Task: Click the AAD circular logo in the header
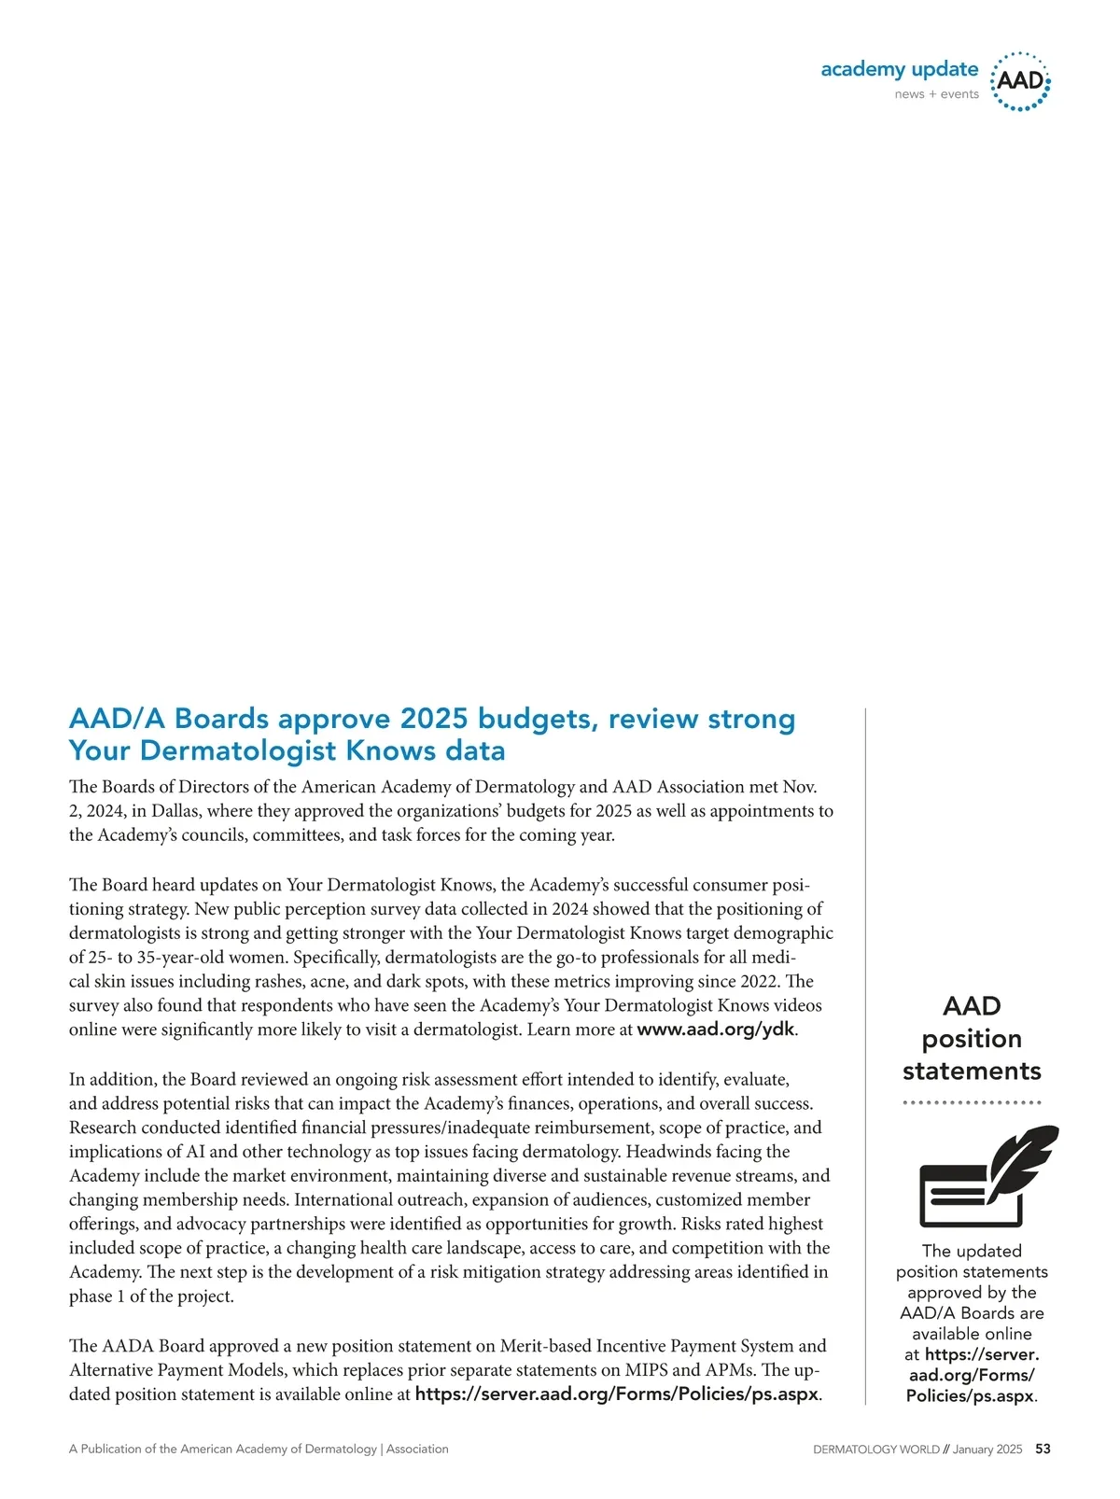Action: tap(1019, 81)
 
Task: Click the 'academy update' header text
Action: tap(899, 70)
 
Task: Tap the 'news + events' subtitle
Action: tap(936, 94)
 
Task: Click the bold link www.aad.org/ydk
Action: tap(716, 1030)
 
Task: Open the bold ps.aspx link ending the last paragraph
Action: tap(616, 1394)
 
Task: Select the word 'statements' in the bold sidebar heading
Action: tap(972, 1072)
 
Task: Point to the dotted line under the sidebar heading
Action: tap(972, 1102)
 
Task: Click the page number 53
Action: tap(1043, 1450)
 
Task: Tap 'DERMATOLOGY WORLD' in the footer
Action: tap(876, 1450)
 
